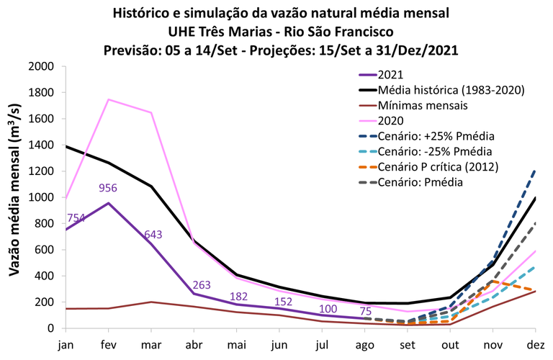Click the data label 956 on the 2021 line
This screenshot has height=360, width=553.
point(107,189)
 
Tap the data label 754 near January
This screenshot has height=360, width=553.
point(77,218)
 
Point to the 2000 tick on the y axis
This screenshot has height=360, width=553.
point(40,66)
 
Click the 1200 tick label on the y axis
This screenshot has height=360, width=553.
point(40,171)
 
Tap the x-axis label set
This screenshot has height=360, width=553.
point(408,343)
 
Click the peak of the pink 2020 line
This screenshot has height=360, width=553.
point(108,99)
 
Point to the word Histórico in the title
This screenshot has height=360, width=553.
point(142,13)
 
